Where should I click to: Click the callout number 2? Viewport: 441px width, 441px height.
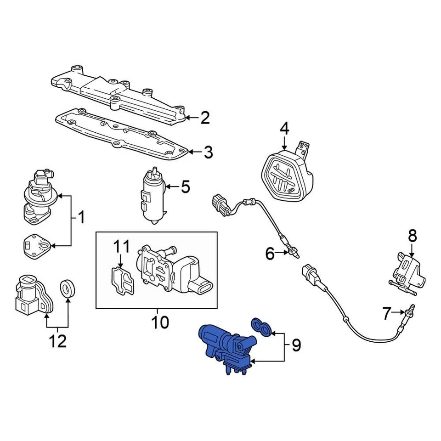(204, 118)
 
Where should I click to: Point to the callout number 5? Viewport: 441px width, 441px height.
(185, 187)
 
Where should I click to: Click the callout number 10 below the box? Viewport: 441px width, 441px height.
(160, 322)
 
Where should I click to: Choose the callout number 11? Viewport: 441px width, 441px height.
(122, 247)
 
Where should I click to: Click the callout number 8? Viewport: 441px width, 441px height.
(412, 237)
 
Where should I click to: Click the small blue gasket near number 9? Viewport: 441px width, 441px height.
(262, 327)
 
